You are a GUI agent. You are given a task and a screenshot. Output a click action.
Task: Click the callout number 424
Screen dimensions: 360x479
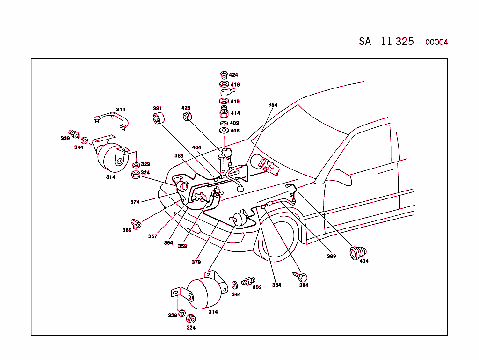pyautogui.click(x=233, y=75)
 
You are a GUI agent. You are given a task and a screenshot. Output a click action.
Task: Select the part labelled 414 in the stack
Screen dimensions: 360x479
pyautogui.click(x=224, y=113)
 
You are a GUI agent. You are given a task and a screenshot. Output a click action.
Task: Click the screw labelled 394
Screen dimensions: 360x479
pyautogui.click(x=301, y=276)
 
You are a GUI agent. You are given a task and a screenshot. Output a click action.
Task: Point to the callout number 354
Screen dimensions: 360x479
pyautogui.click(x=273, y=105)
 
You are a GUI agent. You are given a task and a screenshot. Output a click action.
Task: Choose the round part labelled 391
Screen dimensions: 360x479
pyautogui.click(x=159, y=119)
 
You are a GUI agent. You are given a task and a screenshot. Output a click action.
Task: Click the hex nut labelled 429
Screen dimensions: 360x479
pyautogui.click(x=187, y=116)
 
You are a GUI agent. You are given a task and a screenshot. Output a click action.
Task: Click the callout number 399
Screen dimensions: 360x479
pyautogui.click(x=331, y=256)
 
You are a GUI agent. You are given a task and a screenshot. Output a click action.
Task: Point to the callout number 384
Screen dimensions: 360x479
pyautogui.click(x=276, y=285)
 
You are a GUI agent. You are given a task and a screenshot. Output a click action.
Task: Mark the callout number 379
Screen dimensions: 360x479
pyautogui.click(x=196, y=262)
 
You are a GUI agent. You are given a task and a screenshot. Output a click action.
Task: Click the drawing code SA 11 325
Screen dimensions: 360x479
pyautogui.click(x=386, y=41)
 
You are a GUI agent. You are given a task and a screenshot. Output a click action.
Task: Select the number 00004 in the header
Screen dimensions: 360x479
pyautogui.click(x=436, y=42)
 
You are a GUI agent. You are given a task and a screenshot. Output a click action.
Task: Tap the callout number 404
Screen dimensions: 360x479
pyautogui.click(x=196, y=147)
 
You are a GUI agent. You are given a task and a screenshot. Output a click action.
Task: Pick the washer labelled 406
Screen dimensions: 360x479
pyautogui.click(x=224, y=131)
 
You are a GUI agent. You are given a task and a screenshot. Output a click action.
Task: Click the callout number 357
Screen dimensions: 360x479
pyautogui.click(x=152, y=236)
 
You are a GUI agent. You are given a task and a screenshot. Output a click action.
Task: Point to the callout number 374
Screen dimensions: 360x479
pyautogui.click(x=135, y=202)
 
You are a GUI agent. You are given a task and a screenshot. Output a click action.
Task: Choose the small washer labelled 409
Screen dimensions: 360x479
pyautogui.click(x=224, y=123)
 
